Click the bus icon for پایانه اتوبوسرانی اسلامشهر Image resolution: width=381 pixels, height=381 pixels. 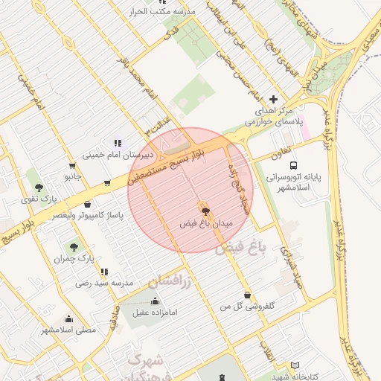click(294, 165)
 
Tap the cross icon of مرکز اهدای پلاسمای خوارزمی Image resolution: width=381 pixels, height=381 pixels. click(273, 99)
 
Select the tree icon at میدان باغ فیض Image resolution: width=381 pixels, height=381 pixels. click(205, 211)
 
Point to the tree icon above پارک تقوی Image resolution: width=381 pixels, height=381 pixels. click(39, 187)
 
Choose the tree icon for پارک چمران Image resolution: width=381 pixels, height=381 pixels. click(74, 246)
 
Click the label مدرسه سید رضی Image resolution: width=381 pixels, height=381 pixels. click(103, 284)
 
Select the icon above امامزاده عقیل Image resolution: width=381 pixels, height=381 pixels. click(155, 301)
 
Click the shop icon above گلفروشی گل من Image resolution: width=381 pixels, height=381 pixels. click(246, 295)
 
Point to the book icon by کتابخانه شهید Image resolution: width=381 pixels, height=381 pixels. click(295, 365)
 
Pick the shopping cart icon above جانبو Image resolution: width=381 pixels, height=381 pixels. click(72, 166)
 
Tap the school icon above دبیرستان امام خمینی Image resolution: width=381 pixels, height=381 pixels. click(117, 142)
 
